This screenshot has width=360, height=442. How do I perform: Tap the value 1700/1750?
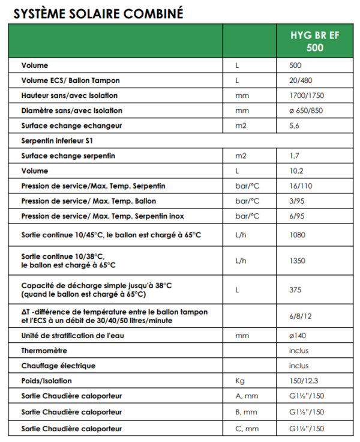[x=306, y=95]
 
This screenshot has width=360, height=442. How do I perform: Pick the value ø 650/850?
[x=308, y=110]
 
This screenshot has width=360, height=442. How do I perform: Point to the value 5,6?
[x=295, y=126]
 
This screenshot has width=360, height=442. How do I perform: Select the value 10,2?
[x=296, y=171]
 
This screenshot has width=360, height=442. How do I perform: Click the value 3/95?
[x=296, y=201]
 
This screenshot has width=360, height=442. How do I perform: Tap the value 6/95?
[x=296, y=216]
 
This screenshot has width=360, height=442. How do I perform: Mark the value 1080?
[x=298, y=234]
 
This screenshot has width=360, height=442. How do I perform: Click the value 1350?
[x=298, y=261]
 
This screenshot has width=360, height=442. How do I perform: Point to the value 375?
[x=296, y=289]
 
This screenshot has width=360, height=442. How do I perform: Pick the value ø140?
[x=298, y=335]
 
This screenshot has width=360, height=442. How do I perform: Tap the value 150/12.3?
[x=304, y=381]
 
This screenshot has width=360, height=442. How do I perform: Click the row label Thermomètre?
[x=44, y=350]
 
